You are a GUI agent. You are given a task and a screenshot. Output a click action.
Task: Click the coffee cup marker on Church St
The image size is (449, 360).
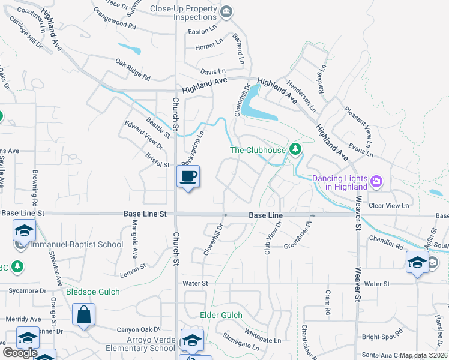point(188,177)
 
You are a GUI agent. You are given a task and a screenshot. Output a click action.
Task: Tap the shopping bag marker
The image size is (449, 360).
point(84,314)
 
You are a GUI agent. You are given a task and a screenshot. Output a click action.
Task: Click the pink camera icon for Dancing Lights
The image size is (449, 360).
point(376,180)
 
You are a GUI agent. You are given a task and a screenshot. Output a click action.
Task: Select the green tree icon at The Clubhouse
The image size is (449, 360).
point(294,149)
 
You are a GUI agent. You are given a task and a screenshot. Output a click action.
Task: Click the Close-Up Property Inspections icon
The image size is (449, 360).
point(226,11)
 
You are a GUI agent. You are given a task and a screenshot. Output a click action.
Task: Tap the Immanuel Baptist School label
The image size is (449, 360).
point(77,244)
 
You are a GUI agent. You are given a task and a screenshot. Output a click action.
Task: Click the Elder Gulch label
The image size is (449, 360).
point(221,315)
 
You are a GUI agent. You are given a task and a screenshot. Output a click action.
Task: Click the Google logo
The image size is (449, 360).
point(20,353)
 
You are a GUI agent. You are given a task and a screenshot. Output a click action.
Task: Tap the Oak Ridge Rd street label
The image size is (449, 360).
point(133,69)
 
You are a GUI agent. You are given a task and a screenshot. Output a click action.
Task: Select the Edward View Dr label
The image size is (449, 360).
point(144,136)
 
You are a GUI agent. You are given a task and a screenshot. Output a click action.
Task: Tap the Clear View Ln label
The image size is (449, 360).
point(388,205)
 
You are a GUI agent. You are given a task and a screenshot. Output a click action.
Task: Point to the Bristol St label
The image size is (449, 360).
point(157,160)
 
